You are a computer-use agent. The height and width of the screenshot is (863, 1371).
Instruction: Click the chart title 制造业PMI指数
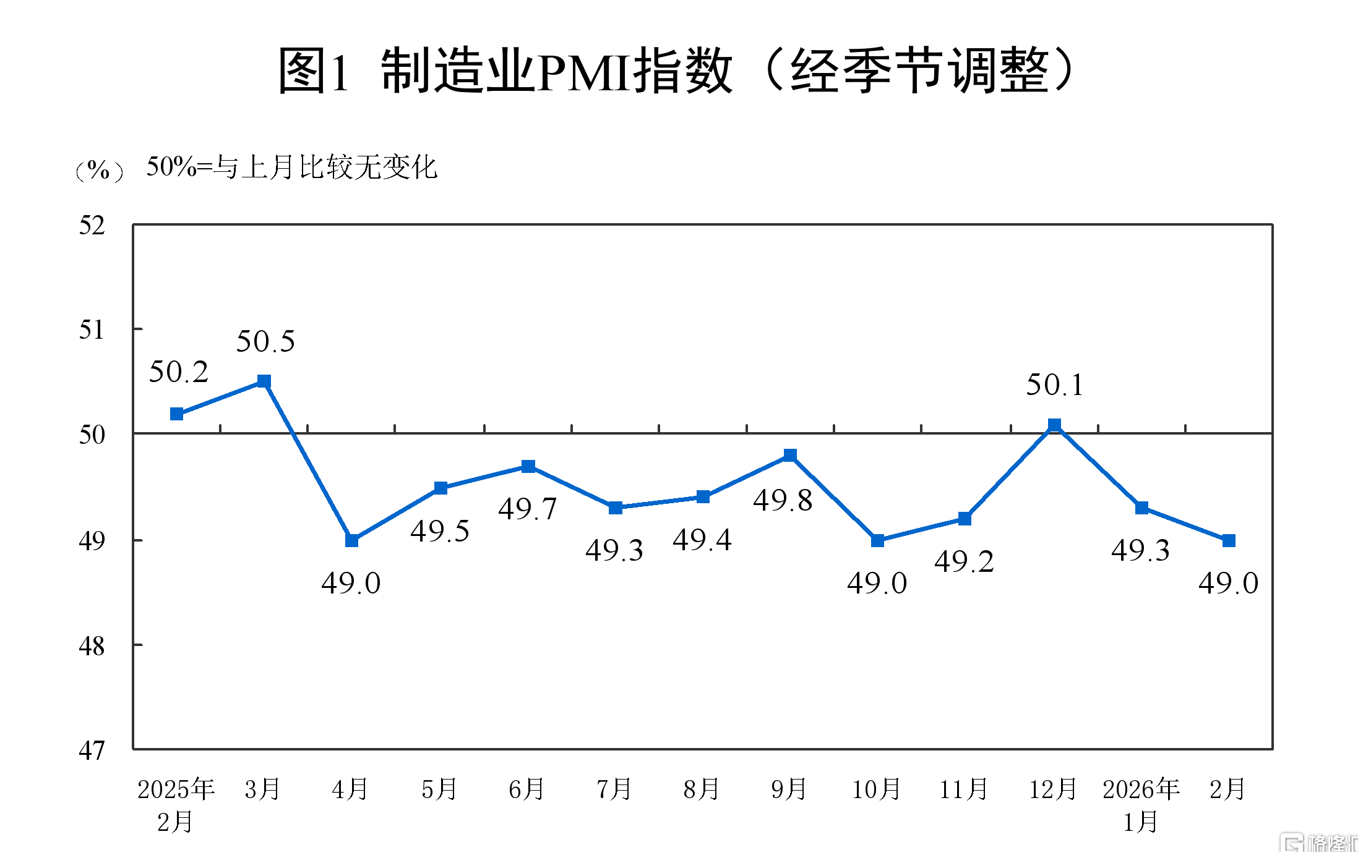tap(677, 71)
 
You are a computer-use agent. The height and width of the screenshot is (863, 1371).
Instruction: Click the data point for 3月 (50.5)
tap(264, 381)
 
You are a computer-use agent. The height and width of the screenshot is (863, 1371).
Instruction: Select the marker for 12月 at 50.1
tap(1054, 425)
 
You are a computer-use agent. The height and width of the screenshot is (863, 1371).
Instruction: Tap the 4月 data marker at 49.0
tap(351, 540)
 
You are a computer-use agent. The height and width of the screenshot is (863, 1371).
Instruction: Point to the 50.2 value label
tap(179, 372)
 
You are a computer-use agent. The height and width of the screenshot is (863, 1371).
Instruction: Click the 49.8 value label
tap(783, 500)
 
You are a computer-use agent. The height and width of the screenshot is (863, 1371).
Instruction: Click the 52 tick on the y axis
tap(92, 226)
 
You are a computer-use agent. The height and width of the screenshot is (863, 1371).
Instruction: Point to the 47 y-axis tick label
tap(92, 750)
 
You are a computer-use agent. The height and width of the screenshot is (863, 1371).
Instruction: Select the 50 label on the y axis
tap(92, 435)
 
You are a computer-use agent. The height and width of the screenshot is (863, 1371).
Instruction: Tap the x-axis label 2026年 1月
tap(1141, 805)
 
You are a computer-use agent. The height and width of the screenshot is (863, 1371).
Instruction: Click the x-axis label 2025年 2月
tap(176, 805)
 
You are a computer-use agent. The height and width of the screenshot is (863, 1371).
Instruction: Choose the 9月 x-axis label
tap(789, 789)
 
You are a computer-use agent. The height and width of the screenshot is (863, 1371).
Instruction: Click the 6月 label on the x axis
tap(526, 789)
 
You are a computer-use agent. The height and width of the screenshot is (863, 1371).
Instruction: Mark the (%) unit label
tap(99, 169)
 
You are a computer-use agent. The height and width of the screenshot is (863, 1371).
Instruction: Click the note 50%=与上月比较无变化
tap(291, 167)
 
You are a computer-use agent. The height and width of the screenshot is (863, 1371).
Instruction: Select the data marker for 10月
tap(877, 540)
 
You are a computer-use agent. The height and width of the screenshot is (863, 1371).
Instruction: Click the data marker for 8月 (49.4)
tap(703, 497)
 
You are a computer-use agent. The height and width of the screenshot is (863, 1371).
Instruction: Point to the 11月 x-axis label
tap(963, 789)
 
